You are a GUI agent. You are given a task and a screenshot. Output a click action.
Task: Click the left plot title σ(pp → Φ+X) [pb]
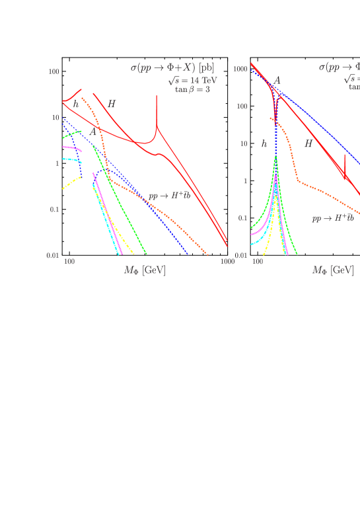click(x=172, y=67)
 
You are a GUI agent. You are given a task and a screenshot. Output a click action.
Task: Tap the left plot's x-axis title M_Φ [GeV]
click(x=145, y=270)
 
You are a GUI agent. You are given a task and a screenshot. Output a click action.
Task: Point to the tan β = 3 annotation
click(x=192, y=89)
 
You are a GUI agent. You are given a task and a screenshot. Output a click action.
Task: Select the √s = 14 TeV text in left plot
click(x=193, y=81)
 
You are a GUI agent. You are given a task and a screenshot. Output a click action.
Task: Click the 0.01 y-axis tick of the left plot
click(x=53, y=255)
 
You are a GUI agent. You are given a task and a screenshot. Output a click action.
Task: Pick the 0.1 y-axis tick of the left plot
click(x=55, y=210)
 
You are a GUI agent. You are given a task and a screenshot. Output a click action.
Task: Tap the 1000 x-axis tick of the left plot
click(x=228, y=262)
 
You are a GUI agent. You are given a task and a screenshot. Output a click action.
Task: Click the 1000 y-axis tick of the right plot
click(x=240, y=69)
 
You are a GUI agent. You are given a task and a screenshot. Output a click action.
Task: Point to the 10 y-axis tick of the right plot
click(x=243, y=143)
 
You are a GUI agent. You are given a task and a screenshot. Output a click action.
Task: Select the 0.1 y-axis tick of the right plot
click(x=242, y=218)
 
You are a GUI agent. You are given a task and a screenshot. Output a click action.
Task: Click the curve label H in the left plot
click(x=112, y=104)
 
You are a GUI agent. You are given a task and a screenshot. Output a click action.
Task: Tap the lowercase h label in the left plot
click(x=76, y=104)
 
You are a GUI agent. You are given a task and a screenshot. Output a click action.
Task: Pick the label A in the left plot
click(x=92, y=133)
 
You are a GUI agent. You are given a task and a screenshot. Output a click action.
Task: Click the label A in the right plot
click(x=277, y=81)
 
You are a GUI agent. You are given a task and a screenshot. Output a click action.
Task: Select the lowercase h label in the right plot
click(x=264, y=143)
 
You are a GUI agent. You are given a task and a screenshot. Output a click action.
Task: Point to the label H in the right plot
click(x=308, y=143)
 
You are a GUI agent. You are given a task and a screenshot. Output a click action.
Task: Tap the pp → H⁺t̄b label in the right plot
click(x=333, y=217)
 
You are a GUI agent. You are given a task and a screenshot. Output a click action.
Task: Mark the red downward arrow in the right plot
click(x=345, y=169)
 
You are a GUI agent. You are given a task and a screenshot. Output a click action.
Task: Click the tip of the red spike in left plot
click(x=157, y=97)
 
